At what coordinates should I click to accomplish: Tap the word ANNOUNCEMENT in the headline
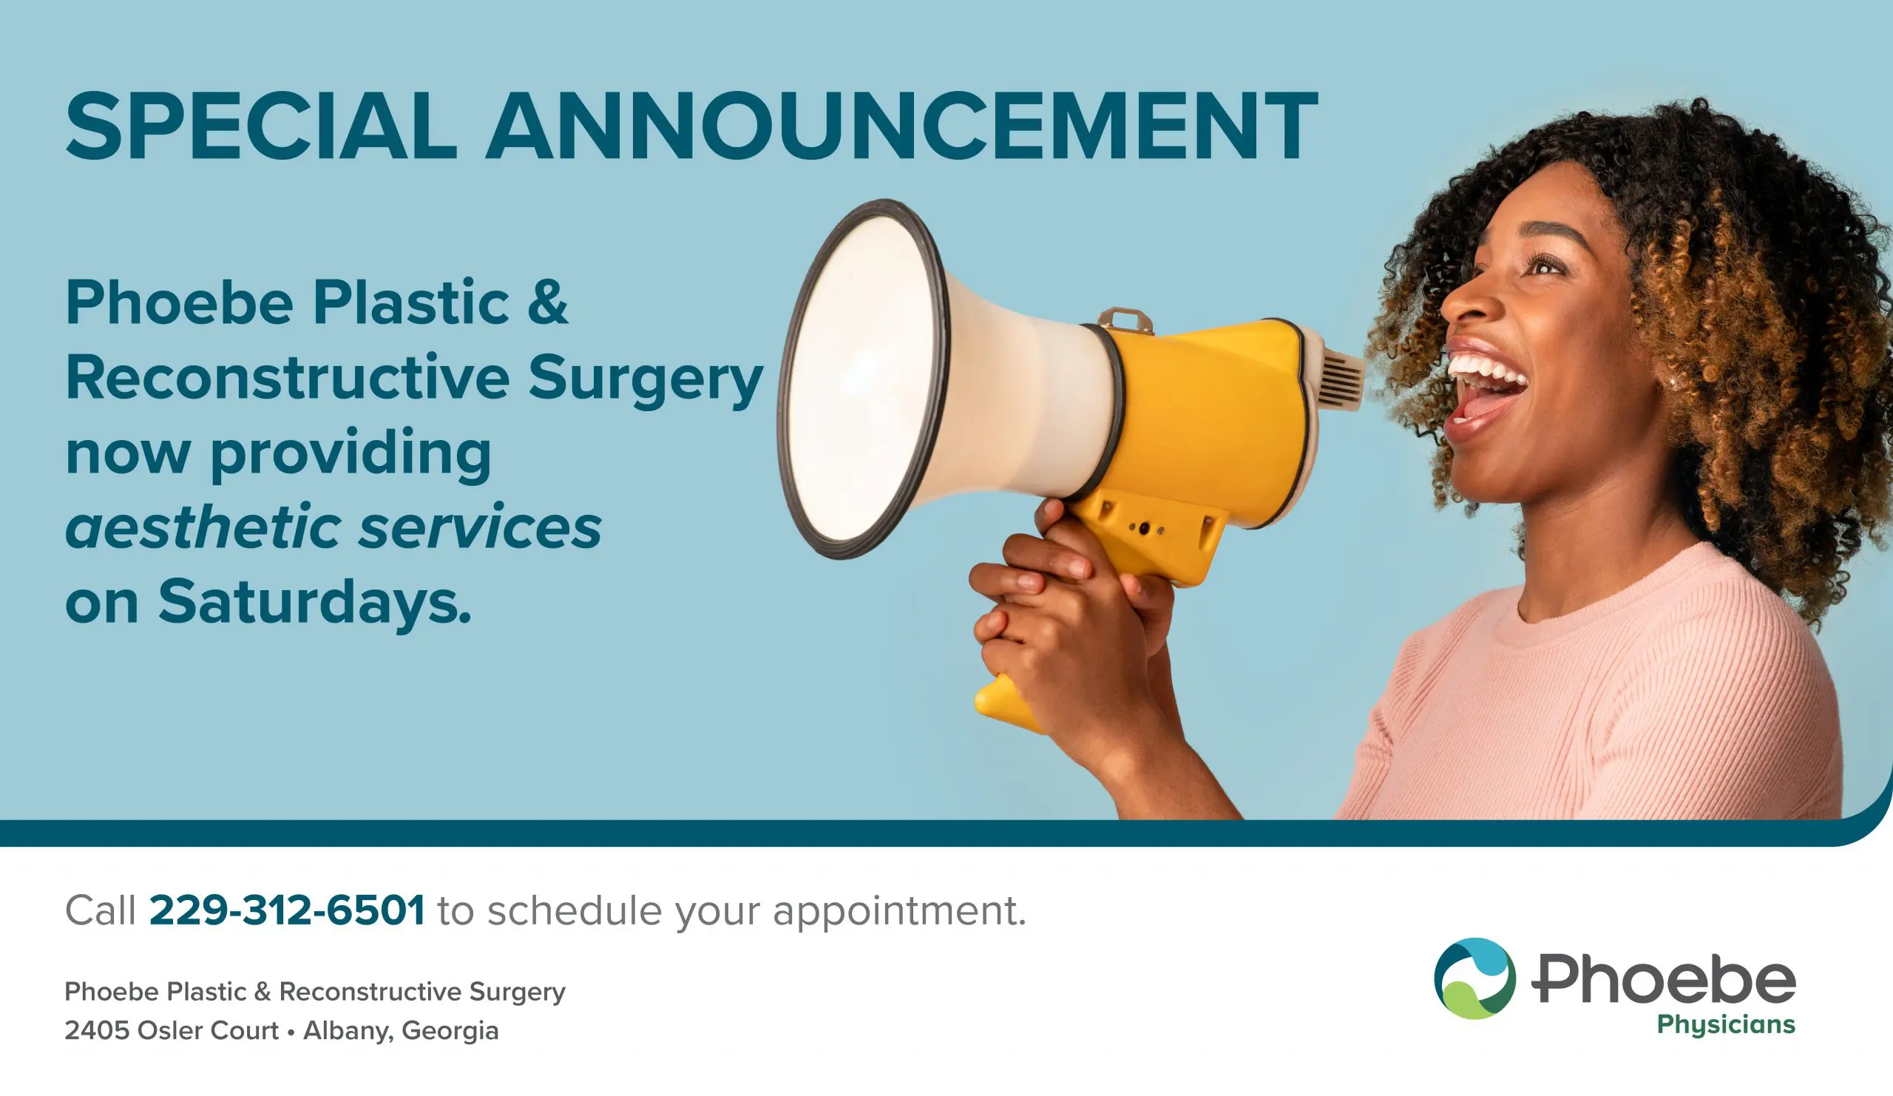pyautogui.click(x=901, y=126)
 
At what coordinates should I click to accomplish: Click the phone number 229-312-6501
pyautogui.click(x=287, y=910)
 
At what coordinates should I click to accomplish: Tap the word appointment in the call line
pyautogui.click(x=898, y=912)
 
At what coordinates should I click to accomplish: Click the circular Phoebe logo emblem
pyautogui.click(x=1474, y=978)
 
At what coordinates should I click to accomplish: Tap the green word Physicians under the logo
pyautogui.click(x=1726, y=1026)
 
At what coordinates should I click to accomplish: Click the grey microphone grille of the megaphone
pyautogui.click(x=1341, y=382)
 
